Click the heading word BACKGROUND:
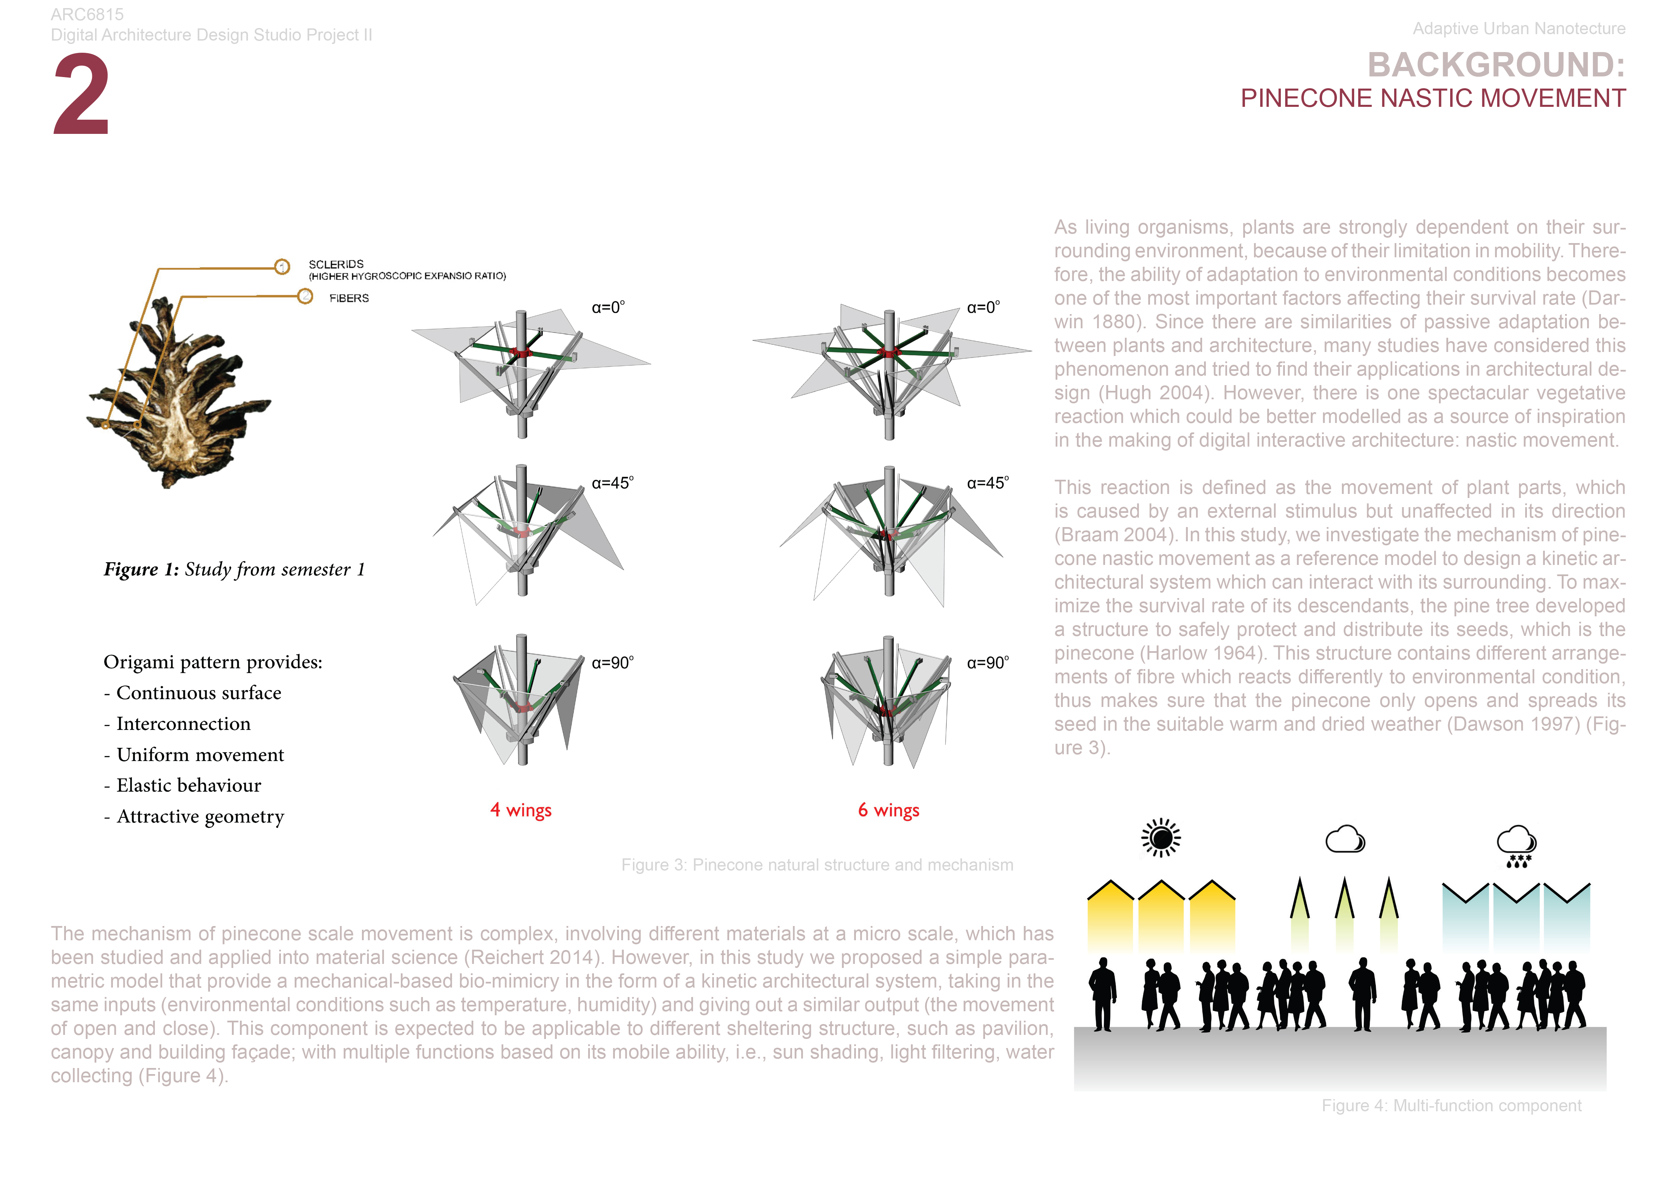[1496, 65]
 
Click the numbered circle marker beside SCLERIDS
[282, 266]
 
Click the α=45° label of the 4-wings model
[612, 483]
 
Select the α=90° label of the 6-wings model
[987, 662]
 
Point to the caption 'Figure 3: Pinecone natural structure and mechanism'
[817, 865]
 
